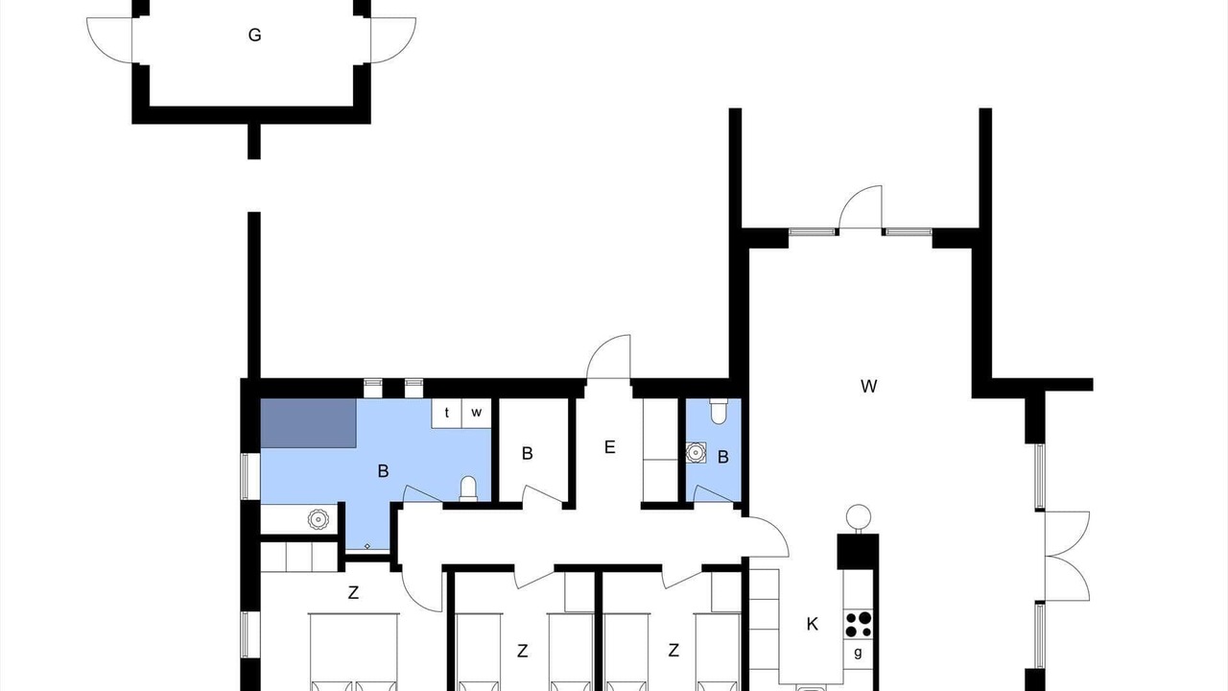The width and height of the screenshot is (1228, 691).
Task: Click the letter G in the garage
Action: tap(254, 36)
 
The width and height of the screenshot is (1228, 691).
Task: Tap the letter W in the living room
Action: tap(869, 386)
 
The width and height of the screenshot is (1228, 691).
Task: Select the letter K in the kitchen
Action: tap(813, 624)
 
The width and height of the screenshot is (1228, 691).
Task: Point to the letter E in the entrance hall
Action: tap(609, 447)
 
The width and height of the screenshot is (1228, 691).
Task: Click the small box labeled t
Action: tap(447, 413)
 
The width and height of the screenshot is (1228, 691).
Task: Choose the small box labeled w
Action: tap(477, 413)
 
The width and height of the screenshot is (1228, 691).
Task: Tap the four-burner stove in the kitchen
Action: tap(858, 625)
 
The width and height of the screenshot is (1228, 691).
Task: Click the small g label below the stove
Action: tap(858, 653)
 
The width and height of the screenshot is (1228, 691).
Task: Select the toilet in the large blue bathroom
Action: tap(468, 488)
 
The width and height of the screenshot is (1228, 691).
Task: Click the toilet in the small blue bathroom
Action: tap(719, 412)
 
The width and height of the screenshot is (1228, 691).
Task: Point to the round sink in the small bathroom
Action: tap(696, 452)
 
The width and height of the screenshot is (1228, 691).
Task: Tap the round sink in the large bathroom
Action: tap(318, 519)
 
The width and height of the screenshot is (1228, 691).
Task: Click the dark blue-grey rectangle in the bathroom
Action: tap(309, 423)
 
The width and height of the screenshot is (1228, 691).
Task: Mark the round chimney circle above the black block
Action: tap(859, 517)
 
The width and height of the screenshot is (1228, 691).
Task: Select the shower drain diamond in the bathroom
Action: tap(367, 546)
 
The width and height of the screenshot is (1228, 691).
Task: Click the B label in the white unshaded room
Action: tap(528, 454)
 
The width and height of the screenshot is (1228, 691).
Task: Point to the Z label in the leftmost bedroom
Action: tap(354, 593)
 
